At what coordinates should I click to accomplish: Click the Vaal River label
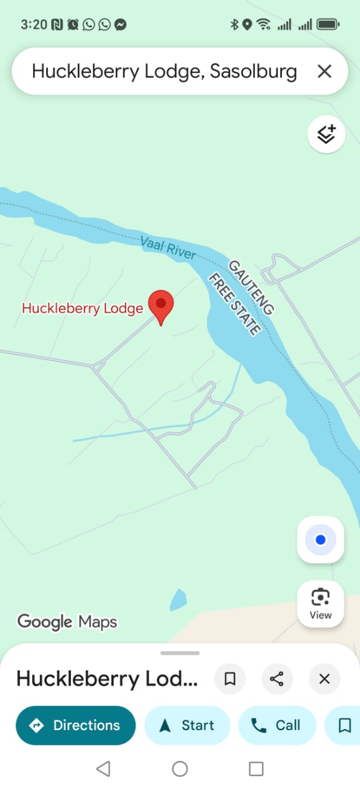[168, 247]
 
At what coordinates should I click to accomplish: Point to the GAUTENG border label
[251, 287]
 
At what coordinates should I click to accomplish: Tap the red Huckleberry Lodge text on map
[82, 308]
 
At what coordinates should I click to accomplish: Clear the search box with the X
[324, 71]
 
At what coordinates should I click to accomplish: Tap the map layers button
[326, 134]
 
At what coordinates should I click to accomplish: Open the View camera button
[320, 603]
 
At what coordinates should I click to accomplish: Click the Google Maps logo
[67, 622]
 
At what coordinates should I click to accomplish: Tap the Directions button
[75, 725]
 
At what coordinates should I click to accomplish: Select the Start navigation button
[187, 725]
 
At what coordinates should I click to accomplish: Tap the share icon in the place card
[277, 678]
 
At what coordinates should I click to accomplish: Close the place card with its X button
[324, 678]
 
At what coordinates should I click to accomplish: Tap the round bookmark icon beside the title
[230, 678]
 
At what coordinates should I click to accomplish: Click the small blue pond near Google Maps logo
[178, 600]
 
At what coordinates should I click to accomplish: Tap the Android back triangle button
[103, 768]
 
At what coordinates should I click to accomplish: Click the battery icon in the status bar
[328, 25]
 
